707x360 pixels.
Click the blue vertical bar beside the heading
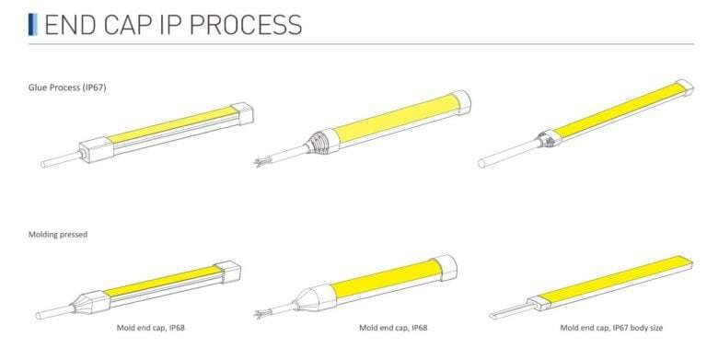(32, 24)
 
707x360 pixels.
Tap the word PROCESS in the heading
(246, 25)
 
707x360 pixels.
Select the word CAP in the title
(128, 25)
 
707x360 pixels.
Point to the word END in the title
(70, 25)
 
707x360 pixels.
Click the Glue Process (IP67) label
(67, 87)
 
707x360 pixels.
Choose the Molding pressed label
(58, 234)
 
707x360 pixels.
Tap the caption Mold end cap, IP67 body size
(611, 328)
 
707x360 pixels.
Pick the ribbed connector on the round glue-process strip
(322, 141)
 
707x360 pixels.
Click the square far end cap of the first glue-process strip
(242, 113)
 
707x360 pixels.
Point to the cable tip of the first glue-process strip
(43, 164)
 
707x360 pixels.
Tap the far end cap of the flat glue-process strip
(685, 87)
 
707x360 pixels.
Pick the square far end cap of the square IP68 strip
(227, 272)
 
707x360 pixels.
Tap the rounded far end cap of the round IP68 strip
(445, 268)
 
